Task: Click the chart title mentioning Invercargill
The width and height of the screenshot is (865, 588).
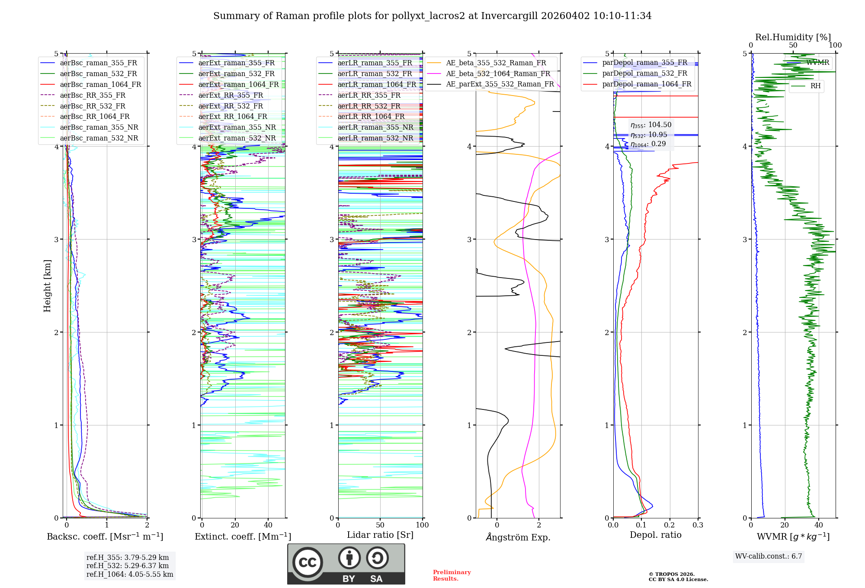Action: pos(432,16)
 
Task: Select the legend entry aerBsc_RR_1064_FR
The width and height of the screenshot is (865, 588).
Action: pos(94,117)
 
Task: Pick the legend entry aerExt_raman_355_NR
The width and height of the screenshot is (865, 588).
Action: pos(237,128)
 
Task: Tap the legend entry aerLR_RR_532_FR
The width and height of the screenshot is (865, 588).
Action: pos(369,106)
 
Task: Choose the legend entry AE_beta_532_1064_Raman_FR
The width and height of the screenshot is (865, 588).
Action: pos(498,74)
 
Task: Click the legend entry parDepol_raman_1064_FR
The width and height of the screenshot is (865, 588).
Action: pos(647,84)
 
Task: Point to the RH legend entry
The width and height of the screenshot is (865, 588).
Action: pos(815,86)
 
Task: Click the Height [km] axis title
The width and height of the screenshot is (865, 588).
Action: pos(47,286)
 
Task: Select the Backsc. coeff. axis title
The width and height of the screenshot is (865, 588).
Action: pos(105,537)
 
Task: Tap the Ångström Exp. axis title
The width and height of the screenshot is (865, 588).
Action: pos(518,537)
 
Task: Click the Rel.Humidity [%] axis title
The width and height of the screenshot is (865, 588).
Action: pos(793,37)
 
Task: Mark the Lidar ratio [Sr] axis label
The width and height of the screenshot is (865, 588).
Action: pos(380,535)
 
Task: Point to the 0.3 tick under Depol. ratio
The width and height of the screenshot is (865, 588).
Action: pos(698,525)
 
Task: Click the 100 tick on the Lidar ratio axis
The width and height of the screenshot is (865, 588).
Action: pos(422,525)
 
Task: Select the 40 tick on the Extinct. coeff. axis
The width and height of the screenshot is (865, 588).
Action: pos(268,525)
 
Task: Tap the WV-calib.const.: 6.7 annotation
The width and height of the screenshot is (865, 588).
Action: pos(769,556)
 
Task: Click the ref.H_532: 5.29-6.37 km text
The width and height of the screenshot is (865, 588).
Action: pos(128,566)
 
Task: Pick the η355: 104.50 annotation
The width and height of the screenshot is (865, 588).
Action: pos(650,125)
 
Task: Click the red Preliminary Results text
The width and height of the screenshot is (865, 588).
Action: pos(452,575)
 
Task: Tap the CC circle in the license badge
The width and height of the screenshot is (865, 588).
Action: pos(308,562)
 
